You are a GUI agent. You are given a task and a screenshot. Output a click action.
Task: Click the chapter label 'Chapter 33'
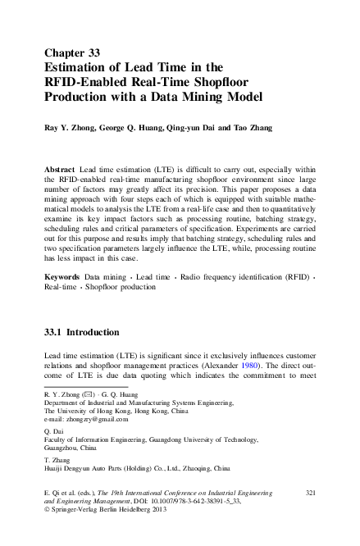click(x=75, y=52)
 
